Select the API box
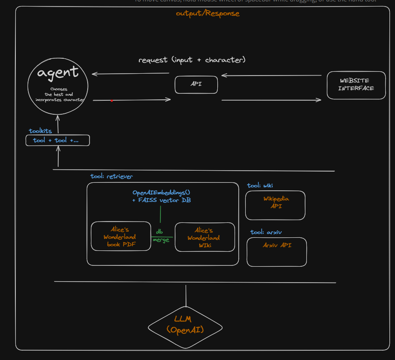click(196, 84)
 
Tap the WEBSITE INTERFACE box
click(356, 85)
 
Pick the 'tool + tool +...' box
click(57, 140)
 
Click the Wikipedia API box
click(275, 205)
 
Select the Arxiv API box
click(277, 252)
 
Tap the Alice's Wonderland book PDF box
click(121, 236)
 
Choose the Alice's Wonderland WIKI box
click(204, 237)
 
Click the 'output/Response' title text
click(208, 13)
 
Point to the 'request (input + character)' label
click(192, 60)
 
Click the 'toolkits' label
click(41, 131)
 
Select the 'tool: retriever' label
click(111, 176)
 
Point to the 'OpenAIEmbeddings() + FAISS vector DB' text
click(161, 196)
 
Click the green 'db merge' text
click(160, 236)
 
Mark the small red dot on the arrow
click(111, 100)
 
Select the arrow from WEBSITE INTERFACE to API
click(271, 75)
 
